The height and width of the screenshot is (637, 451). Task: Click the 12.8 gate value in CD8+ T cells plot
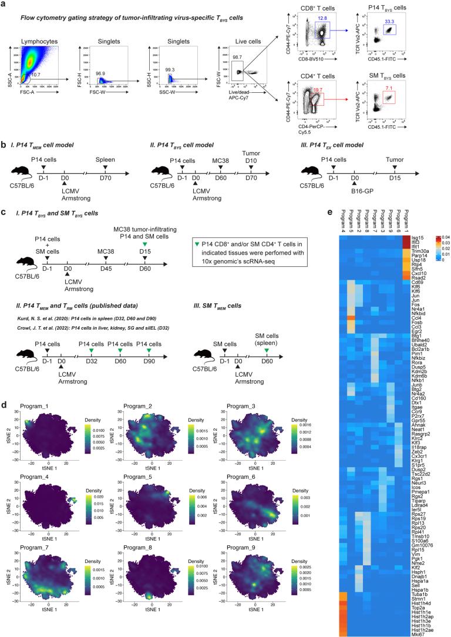pos(319,19)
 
